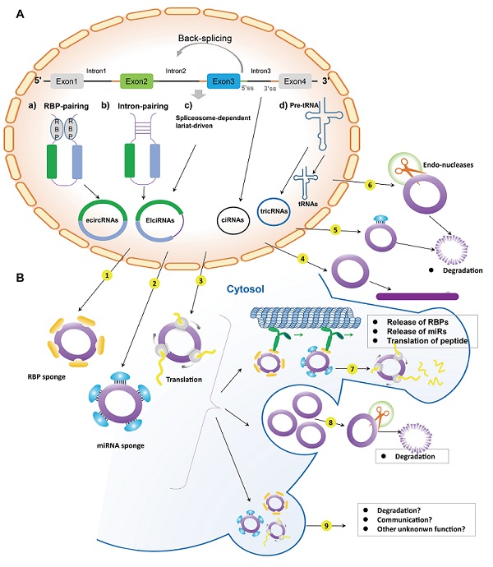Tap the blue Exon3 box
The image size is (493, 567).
click(224, 81)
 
